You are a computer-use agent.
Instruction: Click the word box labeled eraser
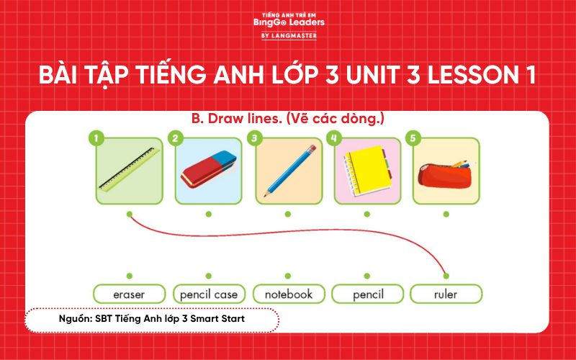click(x=129, y=294)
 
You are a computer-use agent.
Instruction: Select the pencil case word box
click(x=208, y=294)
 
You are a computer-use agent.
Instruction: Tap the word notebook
click(x=288, y=294)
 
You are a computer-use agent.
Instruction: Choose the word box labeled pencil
click(x=367, y=294)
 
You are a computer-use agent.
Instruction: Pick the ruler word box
click(x=446, y=294)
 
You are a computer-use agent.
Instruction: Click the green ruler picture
click(x=130, y=171)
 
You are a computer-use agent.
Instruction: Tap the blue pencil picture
click(x=289, y=171)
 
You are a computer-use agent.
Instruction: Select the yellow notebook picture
click(x=367, y=171)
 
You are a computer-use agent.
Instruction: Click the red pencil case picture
click(x=446, y=171)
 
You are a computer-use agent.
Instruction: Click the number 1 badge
click(x=98, y=138)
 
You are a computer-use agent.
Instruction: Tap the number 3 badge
click(x=253, y=138)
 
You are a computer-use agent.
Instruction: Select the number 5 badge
click(x=412, y=138)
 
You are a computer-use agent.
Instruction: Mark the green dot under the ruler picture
click(x=129, y=214)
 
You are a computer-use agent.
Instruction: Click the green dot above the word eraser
click(x=129, y=276)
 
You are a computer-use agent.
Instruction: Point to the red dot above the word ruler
click(x=446, y=276)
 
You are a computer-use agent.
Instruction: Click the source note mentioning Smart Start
click(x=152, y=318)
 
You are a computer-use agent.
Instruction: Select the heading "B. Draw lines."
click(x=235, y=119)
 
